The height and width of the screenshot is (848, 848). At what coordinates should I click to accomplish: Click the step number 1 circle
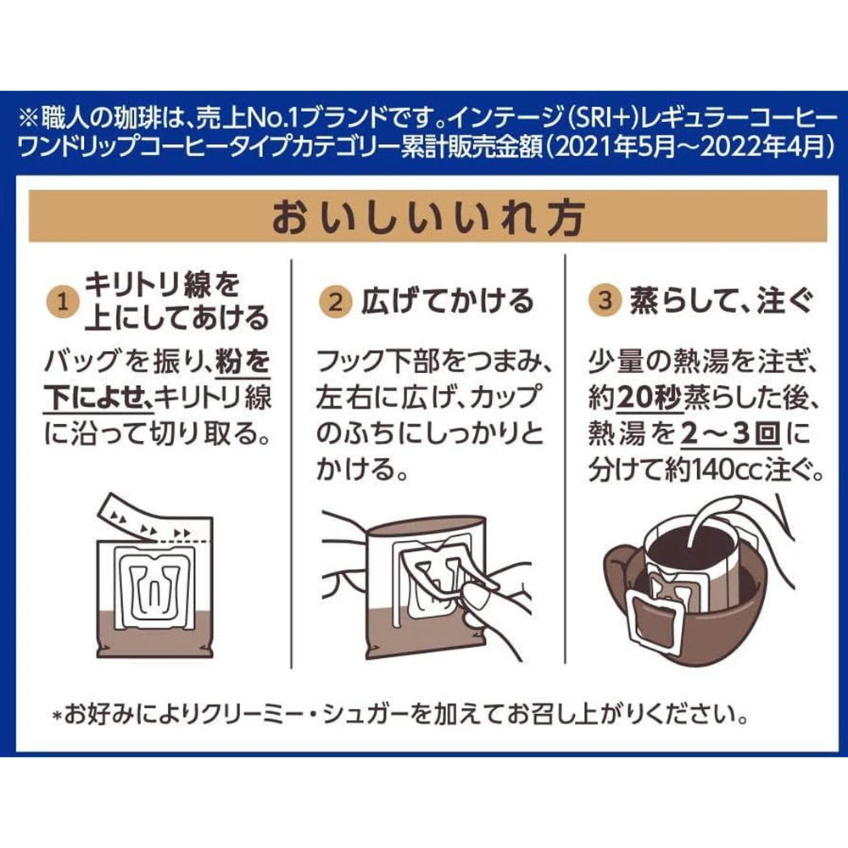[64, 302]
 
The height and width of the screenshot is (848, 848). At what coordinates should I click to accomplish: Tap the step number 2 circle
[336, 302]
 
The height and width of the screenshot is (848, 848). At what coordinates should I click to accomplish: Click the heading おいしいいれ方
[427, 217]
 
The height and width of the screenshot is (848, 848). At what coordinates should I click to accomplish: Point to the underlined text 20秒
[650, 399]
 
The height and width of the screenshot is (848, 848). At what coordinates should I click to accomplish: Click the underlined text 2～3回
[731, 433]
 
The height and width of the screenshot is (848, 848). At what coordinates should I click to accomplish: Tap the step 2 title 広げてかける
[447, 301]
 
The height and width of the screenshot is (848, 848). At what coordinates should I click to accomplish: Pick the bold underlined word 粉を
[243, 361]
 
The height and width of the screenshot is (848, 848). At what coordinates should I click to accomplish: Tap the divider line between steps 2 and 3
[565, 461]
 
